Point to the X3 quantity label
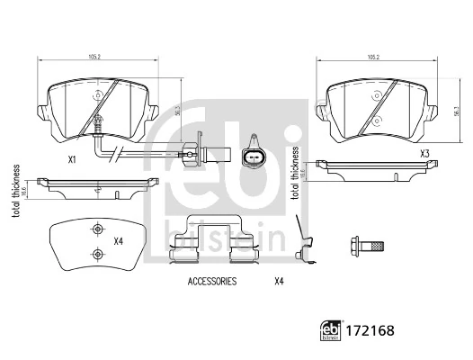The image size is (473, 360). coord(424,154)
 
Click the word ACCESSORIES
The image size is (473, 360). coord(211,282)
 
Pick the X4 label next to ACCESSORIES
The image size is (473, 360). coord(278,282)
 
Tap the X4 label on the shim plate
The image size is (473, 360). coord(118,240)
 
